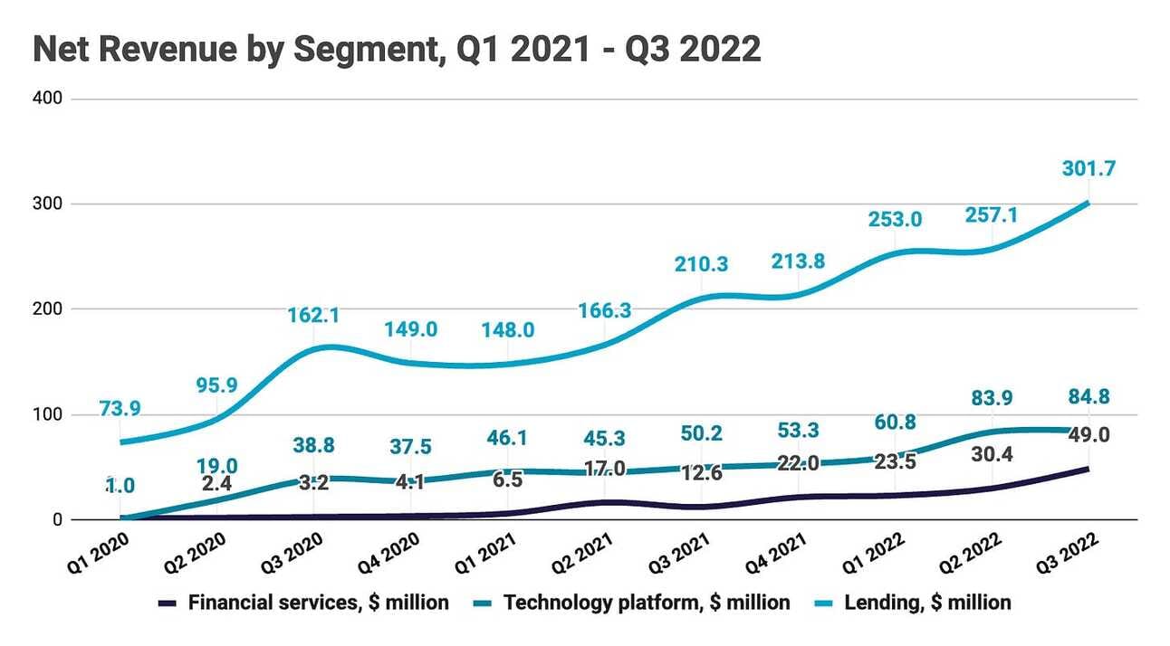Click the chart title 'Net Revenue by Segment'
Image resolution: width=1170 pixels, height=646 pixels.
[x=397, y=49]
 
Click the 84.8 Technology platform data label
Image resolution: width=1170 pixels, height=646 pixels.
[x=1088, y=397]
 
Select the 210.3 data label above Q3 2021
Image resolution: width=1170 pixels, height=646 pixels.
[x=701, y=264]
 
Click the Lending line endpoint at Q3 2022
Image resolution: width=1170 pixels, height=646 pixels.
[x=1088, y=203]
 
